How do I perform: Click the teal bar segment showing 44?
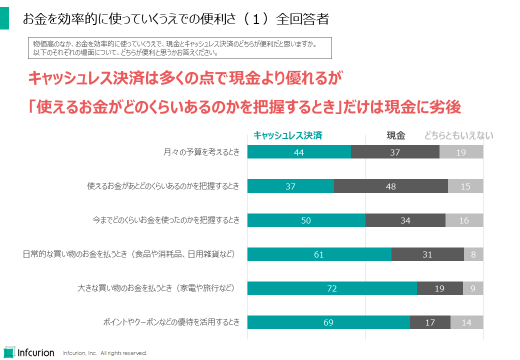tap(299, 152)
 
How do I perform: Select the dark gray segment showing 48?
tap(391, 186)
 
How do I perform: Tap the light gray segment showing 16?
tap(464, 220)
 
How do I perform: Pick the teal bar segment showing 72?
tap(332, 288)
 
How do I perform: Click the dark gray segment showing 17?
tap(430, 322)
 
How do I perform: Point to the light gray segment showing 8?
tap(473, 254)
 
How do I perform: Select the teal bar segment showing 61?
tap(319, 254)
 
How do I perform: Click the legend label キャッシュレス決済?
tap(287, 135)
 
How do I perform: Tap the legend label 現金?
tap(395, 135)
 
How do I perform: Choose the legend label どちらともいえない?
tap(458, 135)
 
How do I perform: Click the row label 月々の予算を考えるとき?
tap(201, 152)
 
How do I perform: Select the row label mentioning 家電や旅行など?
tap(156, 288)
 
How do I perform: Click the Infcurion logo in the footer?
tap(29, 352)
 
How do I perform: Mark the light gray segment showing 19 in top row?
tap(461, 152)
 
